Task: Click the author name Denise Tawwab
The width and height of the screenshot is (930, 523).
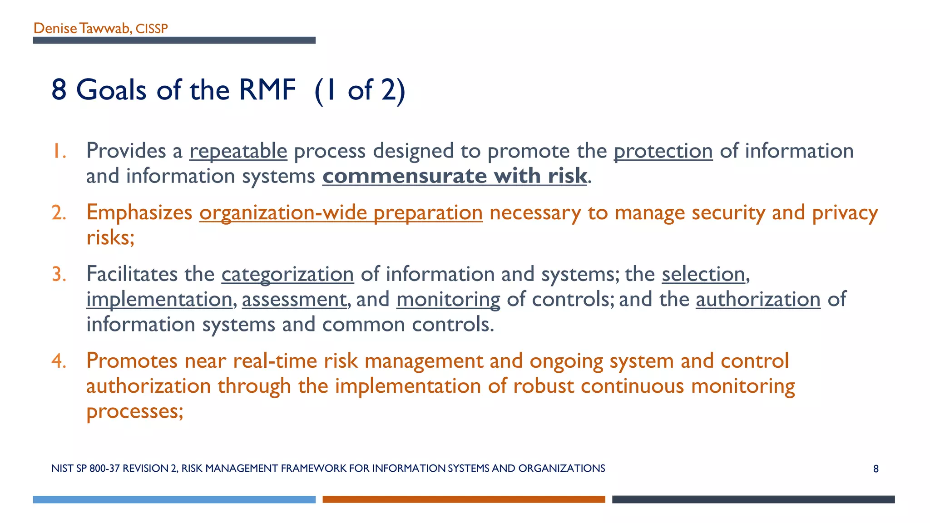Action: pos(82,28)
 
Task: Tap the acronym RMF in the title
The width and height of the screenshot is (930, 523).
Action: pos(267,89)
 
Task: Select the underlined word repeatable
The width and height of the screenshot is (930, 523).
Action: pos(238,151)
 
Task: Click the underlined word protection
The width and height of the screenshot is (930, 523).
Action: pos(663,151)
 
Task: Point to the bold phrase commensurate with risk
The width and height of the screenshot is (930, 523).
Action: pos(455,176)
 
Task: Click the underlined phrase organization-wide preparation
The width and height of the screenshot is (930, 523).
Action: pos(341,213)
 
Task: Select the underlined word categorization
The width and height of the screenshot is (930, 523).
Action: pos(287,274)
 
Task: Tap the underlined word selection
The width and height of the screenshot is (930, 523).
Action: pos(703,274)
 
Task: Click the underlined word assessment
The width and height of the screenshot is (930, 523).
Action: pos(294,300)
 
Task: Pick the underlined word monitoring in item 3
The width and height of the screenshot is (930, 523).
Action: pos(448,300)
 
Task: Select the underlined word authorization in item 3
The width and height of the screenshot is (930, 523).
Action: pos(758,300)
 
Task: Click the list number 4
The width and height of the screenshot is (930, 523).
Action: pos(58,361)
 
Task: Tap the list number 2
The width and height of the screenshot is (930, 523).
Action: pos(59,213)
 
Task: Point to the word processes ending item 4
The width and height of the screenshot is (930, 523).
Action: pos(134,411)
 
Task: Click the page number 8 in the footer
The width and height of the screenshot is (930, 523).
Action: pos(876,469)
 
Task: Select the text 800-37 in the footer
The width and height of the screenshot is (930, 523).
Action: pos(104,469)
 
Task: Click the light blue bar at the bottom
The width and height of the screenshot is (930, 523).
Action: pos(174,499)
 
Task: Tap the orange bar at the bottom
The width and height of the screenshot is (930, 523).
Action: pos(464,499)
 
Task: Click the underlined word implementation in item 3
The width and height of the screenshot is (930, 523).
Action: pos(159,300)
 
